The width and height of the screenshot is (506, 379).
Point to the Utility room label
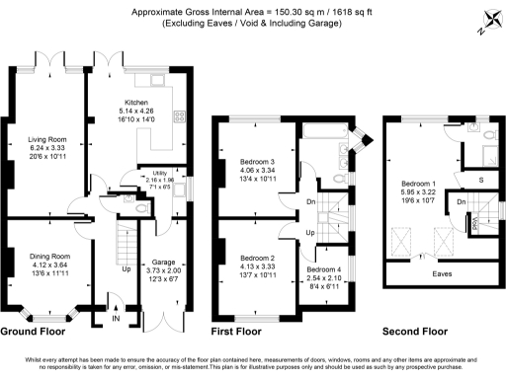158,174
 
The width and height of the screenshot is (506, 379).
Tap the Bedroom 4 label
323,269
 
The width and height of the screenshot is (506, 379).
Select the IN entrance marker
115,319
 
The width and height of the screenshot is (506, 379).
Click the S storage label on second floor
481,180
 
